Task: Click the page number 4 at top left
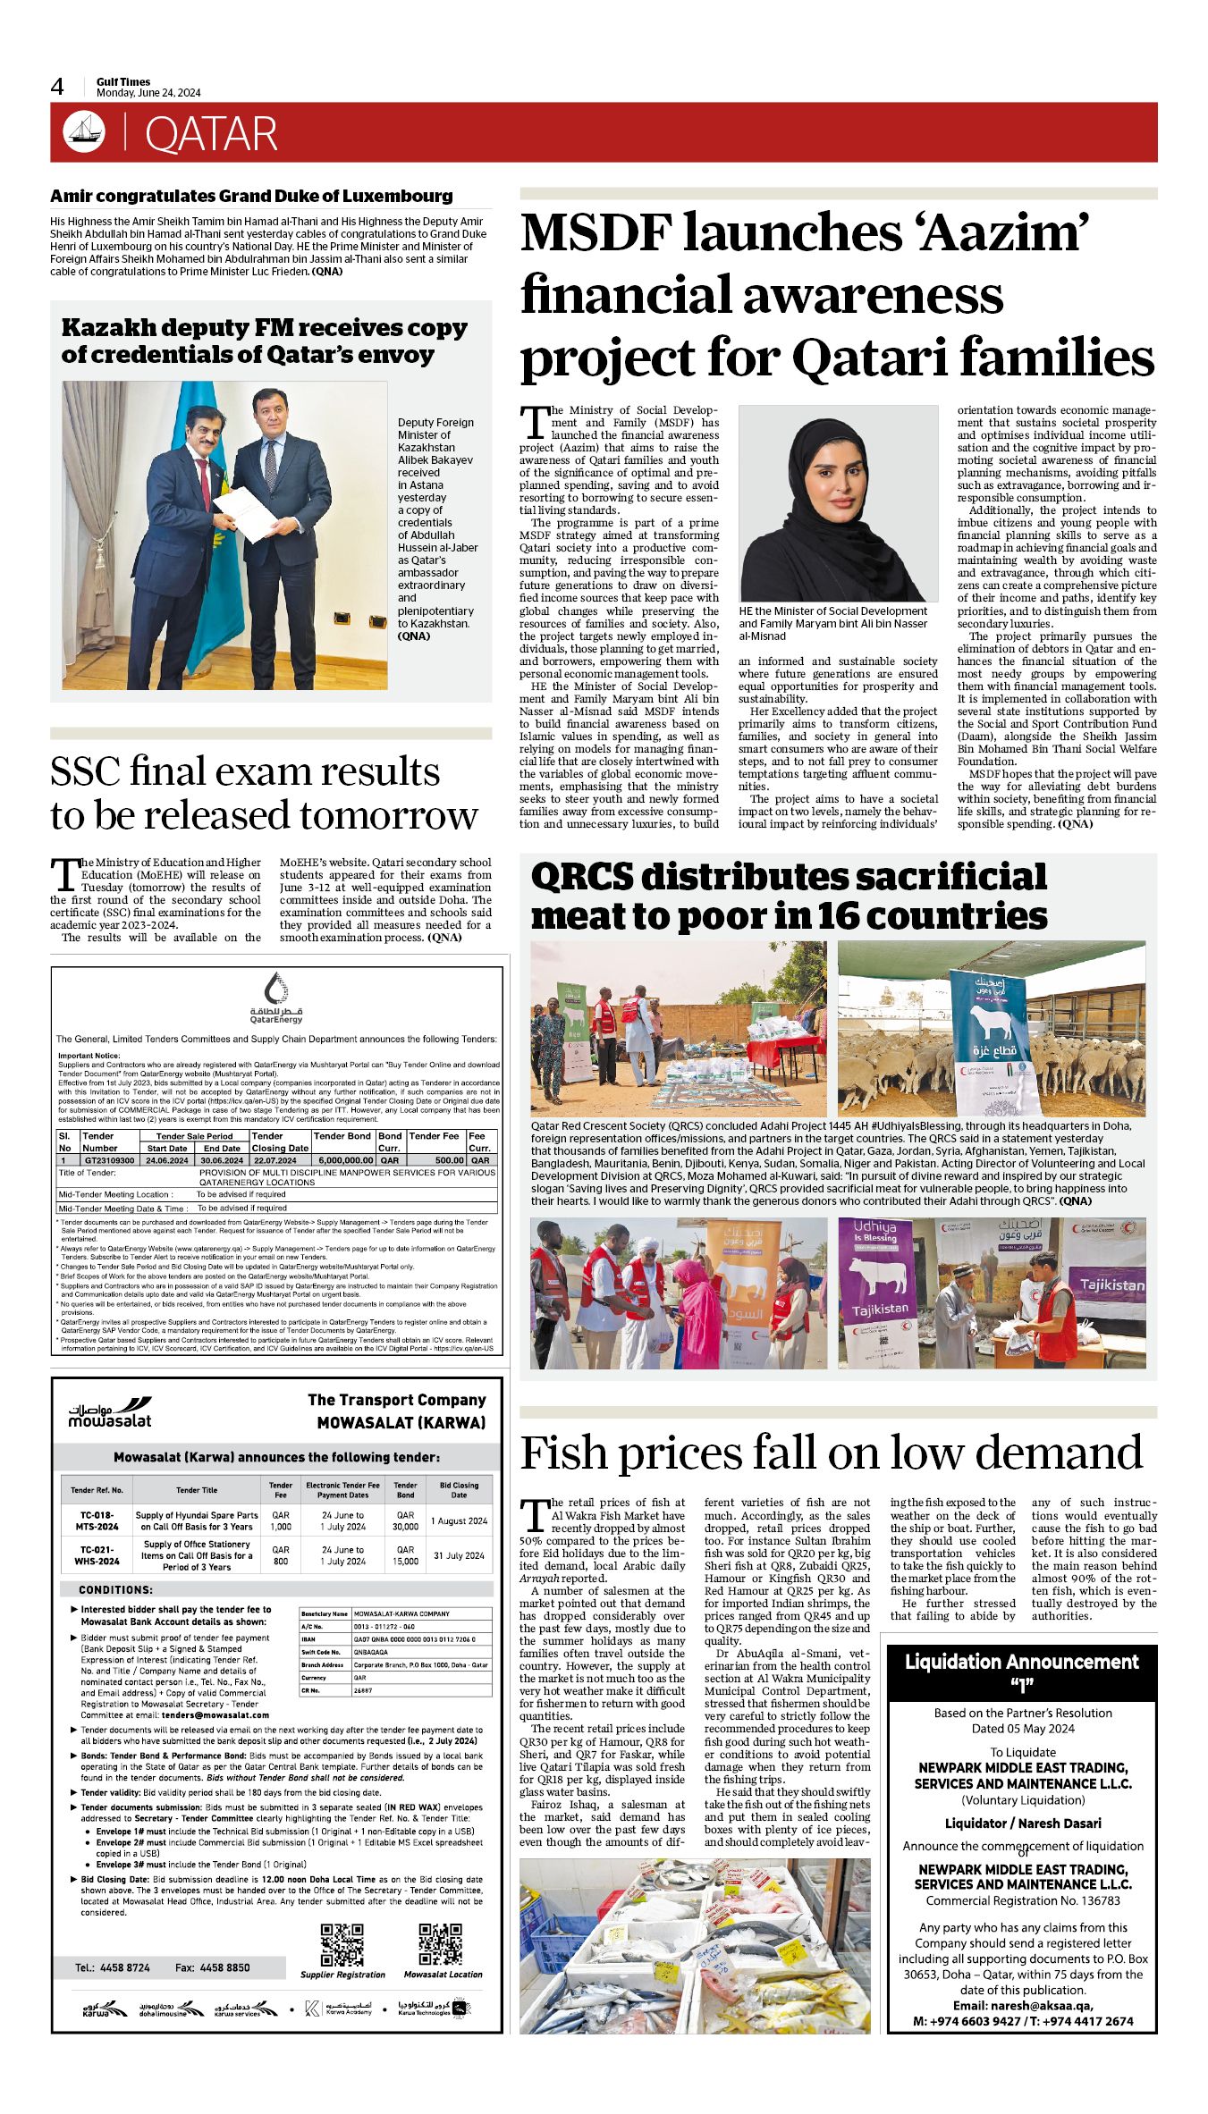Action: [58, 87]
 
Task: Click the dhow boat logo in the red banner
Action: [84, 131]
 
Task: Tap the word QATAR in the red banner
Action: [211, 134]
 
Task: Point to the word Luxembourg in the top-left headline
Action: [399, 196]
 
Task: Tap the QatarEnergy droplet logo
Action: [277, 989]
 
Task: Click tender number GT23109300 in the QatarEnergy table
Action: [109, 1160]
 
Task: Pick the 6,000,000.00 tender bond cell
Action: [344, 1160]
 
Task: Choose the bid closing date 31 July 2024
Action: [459, 1555]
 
